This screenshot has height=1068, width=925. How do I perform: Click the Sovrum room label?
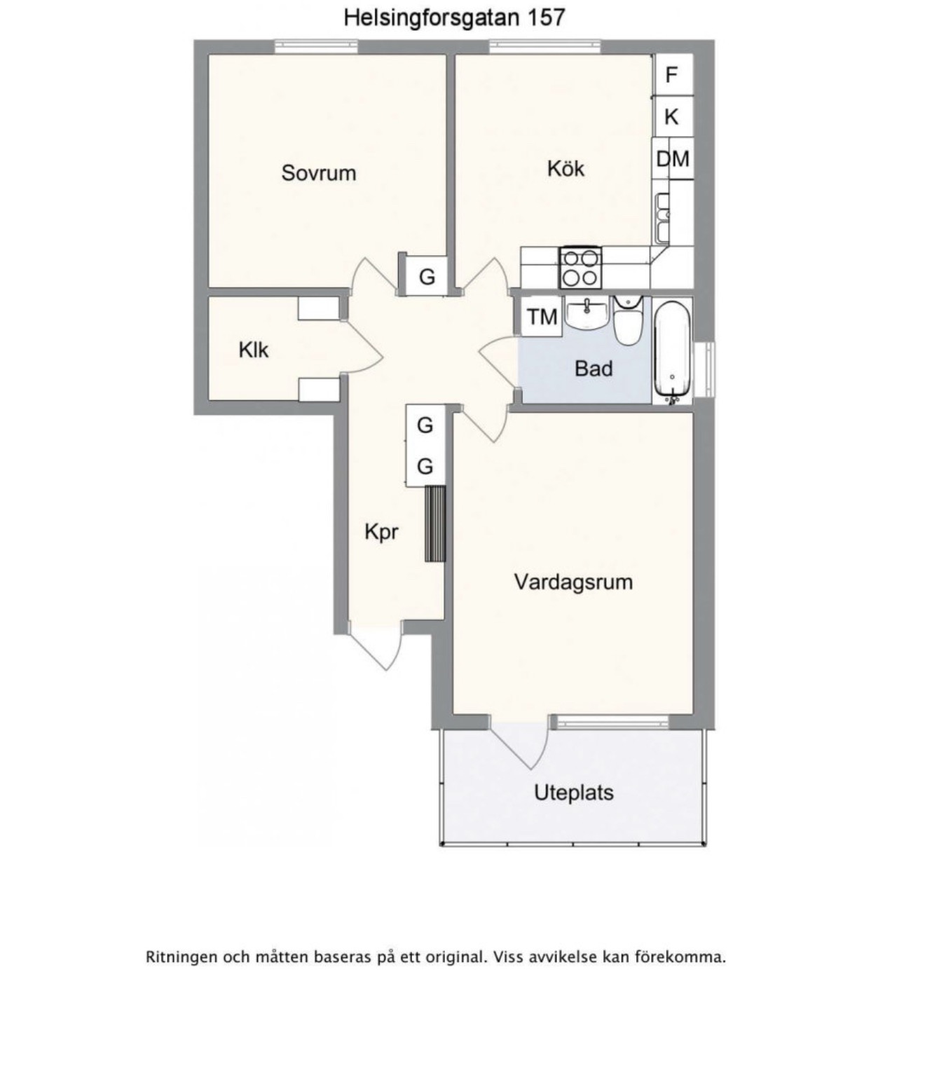click(319, 173)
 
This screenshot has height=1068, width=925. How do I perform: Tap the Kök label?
click(566, 168)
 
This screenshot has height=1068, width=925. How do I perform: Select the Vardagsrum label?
click(574, 582)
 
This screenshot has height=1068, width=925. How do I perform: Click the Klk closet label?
click(253, 350)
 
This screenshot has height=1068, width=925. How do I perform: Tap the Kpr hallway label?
click(381, 532)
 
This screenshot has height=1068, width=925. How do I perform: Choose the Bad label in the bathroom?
click(594, 369)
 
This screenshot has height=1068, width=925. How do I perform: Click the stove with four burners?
click(580, 268)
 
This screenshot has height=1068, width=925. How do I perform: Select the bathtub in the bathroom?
click(672, 351)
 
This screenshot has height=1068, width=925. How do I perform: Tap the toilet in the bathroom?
click(628, 320)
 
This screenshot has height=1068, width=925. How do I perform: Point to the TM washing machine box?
click(542, 316)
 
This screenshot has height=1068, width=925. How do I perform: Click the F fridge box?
click(672, 75)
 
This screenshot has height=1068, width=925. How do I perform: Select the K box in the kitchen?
click(672, 117)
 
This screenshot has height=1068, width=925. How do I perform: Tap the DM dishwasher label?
click(673, 158)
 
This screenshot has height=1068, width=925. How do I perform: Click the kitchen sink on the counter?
click(662, 217)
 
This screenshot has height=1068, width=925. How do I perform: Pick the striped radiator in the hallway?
click(435, 523)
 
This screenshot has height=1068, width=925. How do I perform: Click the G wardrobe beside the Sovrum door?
click(427, 277)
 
